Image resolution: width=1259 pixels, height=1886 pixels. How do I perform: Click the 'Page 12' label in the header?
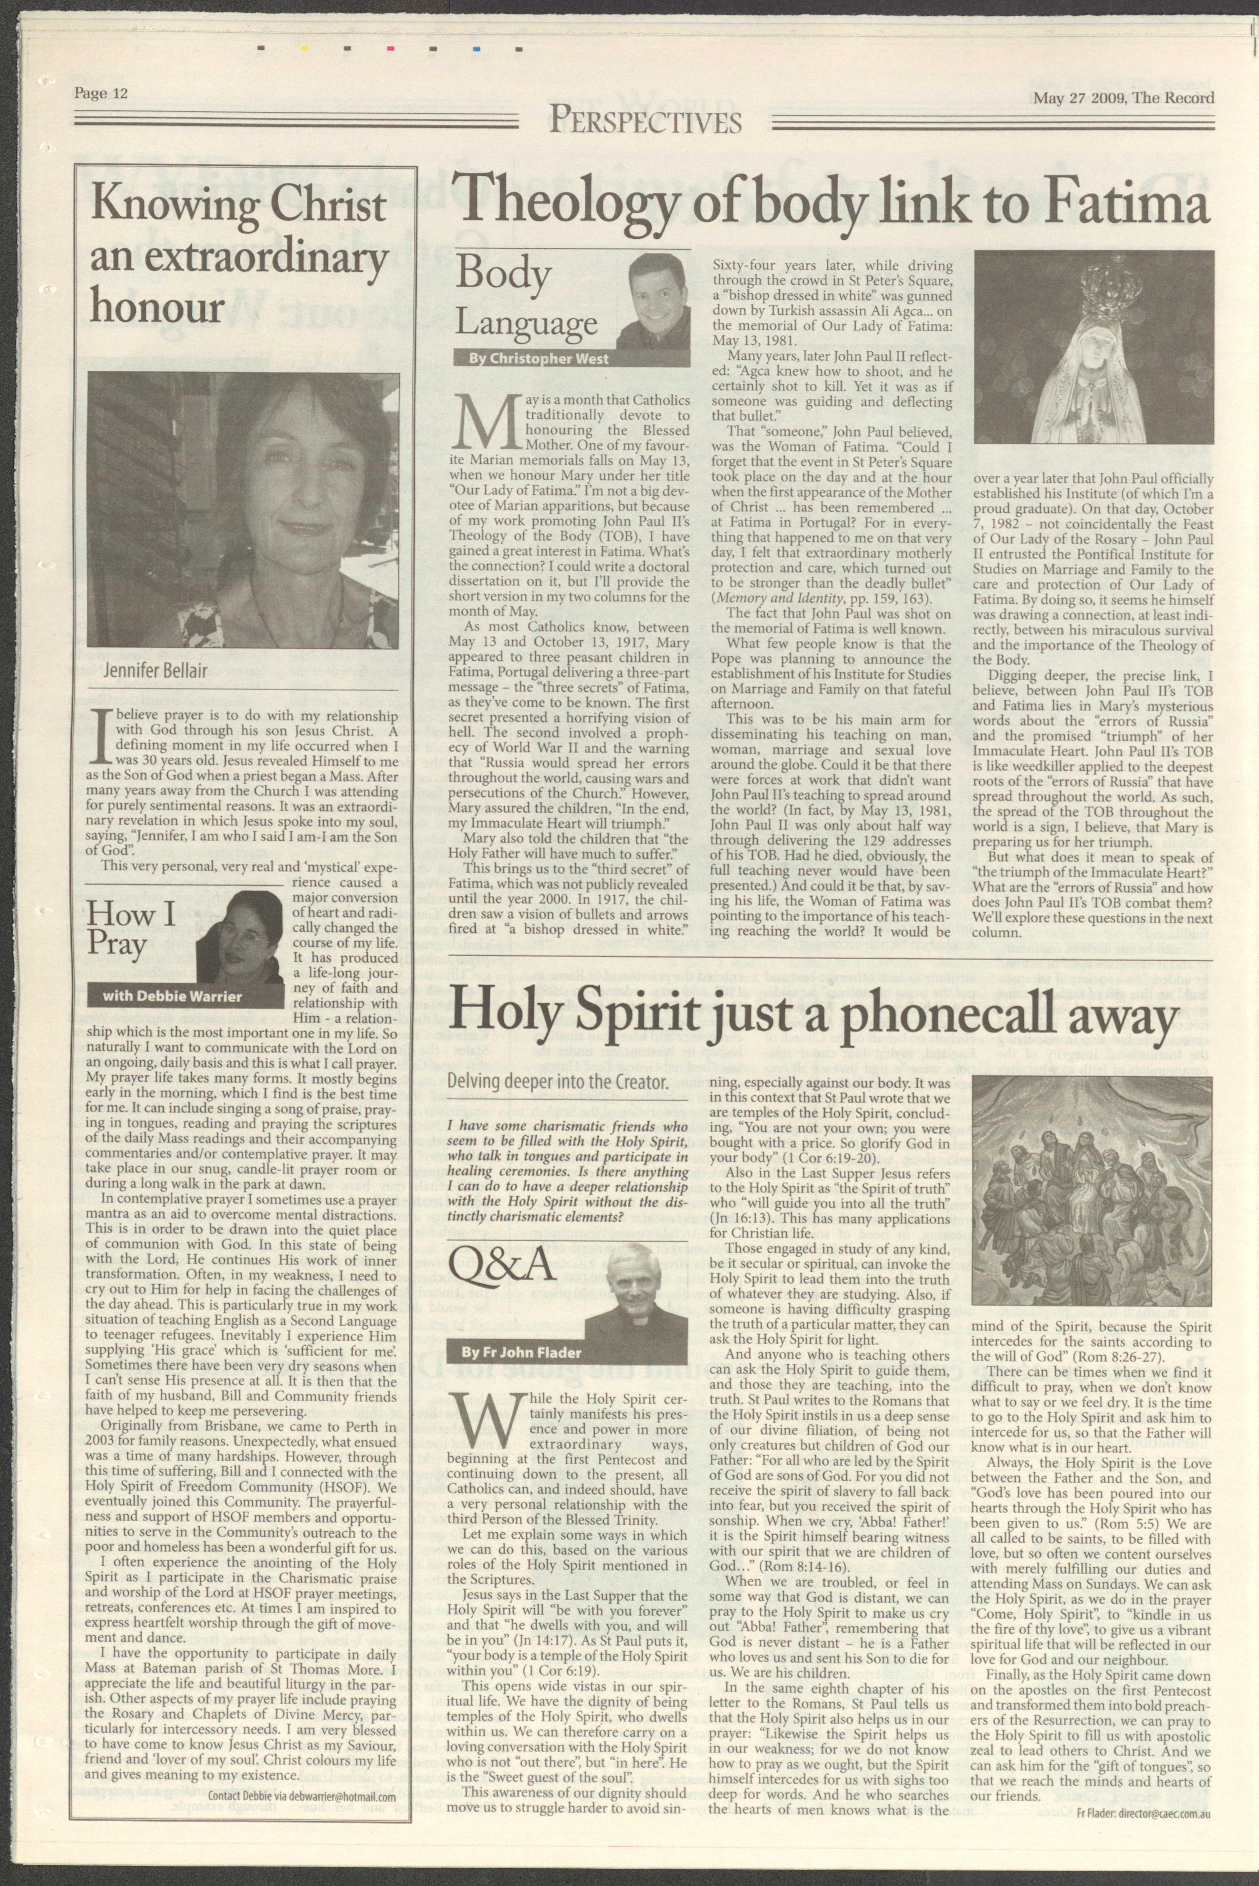[101, 93]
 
